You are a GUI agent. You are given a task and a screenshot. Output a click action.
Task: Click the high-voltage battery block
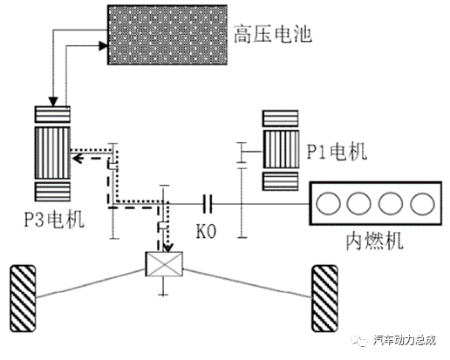[167, 35]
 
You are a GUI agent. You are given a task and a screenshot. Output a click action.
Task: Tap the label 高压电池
[273, 34]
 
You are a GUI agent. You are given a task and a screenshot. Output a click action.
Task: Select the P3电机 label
[54, 220]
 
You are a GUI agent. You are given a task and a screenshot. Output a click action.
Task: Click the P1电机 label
[337, 151]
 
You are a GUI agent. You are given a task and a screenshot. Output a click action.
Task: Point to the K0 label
[206, 232]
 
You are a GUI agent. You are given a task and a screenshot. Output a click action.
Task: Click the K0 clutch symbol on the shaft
[208, 204]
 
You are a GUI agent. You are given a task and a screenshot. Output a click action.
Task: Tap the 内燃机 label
[375, 241]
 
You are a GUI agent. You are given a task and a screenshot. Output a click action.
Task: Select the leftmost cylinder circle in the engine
[328, 203]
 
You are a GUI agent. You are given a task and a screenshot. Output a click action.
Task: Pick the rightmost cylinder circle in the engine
[422, 203]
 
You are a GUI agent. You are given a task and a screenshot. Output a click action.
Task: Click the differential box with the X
[164, 264]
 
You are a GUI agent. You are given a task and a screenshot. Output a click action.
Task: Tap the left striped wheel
[23, 298]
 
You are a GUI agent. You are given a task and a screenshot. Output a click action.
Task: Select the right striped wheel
[324, 298]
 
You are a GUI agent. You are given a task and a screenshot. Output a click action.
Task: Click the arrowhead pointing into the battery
[103, 45]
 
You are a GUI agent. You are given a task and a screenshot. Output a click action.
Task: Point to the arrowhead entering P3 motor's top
[53, 102]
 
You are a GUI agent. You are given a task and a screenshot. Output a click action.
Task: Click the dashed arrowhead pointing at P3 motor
[77, 159]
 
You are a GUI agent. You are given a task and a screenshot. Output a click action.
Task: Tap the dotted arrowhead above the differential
[168, 248]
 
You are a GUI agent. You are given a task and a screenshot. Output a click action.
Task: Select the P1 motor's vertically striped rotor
[281, 149]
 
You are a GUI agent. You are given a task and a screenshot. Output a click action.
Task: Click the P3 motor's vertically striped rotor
[52, 153]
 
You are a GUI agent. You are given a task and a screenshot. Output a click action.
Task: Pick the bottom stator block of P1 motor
[281, 181]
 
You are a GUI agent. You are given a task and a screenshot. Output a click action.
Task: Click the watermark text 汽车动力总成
[405, 340]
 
